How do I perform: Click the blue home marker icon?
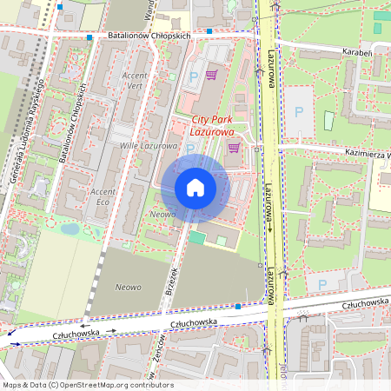(x=195, y=187)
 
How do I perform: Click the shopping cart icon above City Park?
(x=211, y=76)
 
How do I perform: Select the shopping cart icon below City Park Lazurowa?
(x=233, y=148)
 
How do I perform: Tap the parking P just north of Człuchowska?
(x=321, y=284)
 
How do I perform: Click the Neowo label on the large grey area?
(x=129, y=285)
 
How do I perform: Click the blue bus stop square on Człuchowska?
(x=238, y=306)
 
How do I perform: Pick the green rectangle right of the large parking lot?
(x=328, y=120)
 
